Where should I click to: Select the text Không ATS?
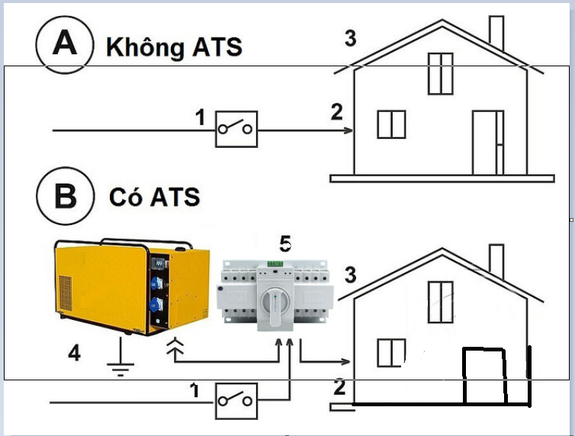tap(174, 46)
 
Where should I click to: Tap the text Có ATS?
tap(154, 197)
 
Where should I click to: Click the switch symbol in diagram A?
tap(236, 129)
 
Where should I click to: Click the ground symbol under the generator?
tap(117, 364)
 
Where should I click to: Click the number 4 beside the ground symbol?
tap(74, 353)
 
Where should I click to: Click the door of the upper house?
tap(487, 142)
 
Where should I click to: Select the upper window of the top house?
tap(441, 73)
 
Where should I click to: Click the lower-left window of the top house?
tap(391, 124)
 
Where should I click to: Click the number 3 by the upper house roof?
tap(351, 38)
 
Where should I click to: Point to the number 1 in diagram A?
tap(201, 118)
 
